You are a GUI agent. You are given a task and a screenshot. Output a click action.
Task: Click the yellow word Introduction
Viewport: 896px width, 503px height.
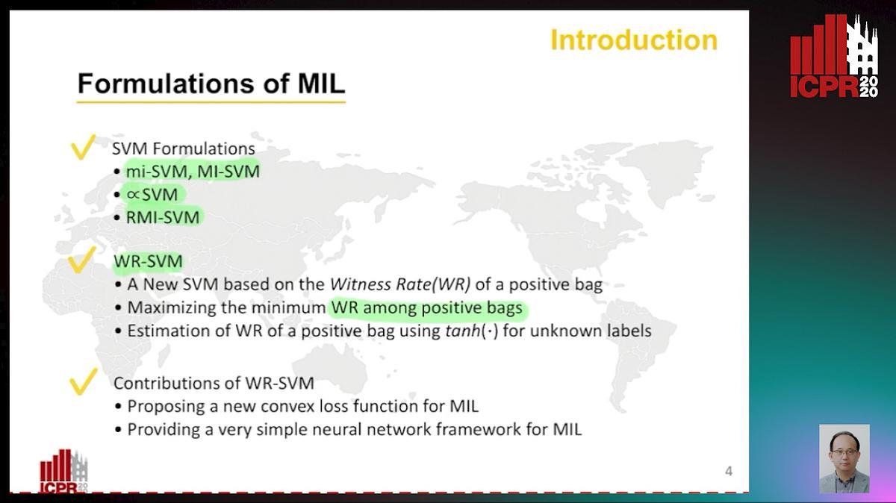633,40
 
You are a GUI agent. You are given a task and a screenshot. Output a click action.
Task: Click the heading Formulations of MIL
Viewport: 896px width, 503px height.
211,83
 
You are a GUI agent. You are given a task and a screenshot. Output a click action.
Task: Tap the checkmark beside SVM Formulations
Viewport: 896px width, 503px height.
83,147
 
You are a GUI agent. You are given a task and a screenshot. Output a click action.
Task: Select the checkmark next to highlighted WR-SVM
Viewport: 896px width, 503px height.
82,261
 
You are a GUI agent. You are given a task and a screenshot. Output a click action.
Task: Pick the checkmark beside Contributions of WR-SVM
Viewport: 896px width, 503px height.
83,381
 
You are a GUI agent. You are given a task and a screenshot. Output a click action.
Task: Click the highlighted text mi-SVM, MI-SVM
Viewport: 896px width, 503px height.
193,172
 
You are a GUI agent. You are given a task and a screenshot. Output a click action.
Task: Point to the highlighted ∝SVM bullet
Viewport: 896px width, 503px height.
152,195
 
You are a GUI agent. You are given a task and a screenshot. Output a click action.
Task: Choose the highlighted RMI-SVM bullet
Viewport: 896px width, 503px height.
164,217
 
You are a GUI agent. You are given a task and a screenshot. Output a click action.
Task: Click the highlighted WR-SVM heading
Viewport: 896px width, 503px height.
148,261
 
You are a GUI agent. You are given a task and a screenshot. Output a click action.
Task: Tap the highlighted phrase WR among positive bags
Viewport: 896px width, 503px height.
426,307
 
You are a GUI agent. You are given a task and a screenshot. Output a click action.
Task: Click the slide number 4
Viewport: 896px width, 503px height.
728,471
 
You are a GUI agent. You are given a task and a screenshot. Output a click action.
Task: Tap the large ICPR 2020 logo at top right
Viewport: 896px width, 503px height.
834,57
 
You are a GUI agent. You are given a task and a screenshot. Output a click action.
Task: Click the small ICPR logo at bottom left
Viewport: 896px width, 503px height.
63,470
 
